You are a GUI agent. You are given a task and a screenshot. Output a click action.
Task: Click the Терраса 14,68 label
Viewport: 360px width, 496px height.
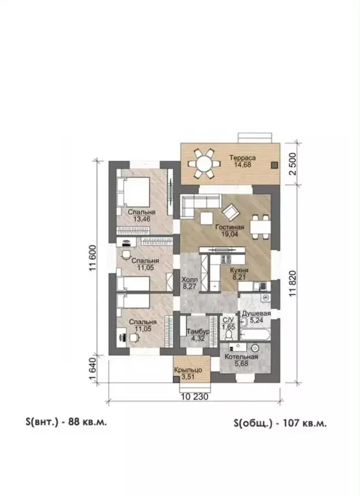point(242,160)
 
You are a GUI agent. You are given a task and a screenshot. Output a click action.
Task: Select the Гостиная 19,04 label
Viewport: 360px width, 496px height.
point(229,231)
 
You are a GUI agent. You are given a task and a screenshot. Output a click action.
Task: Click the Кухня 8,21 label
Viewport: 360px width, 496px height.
point(239,274)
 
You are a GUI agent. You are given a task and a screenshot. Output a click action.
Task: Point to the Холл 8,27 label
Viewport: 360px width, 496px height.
point(189,283)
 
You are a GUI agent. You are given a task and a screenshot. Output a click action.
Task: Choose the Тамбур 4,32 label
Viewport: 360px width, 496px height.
point(198,335)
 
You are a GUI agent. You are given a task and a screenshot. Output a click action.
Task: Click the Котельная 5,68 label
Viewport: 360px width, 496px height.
point(241,360)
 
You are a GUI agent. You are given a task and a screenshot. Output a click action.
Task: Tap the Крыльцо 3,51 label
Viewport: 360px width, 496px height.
point(188,373)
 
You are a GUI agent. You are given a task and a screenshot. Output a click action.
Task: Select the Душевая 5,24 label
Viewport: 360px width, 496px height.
point(257,317)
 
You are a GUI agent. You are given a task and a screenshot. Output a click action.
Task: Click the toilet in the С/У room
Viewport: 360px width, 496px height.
point(230,334)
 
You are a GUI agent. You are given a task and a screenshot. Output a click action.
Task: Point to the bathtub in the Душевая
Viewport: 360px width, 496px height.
point(255,335)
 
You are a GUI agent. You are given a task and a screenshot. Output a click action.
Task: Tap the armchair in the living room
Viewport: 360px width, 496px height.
point(230,212)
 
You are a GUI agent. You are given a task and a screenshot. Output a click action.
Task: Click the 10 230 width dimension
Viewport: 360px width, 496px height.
point(195,396)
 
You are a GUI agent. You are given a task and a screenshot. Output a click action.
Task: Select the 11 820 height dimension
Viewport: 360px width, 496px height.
point(293,283)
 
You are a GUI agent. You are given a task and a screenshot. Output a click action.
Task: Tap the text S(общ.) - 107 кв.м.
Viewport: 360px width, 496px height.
point(281,423)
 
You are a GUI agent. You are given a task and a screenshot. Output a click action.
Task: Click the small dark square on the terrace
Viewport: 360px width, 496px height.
point(275,164)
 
